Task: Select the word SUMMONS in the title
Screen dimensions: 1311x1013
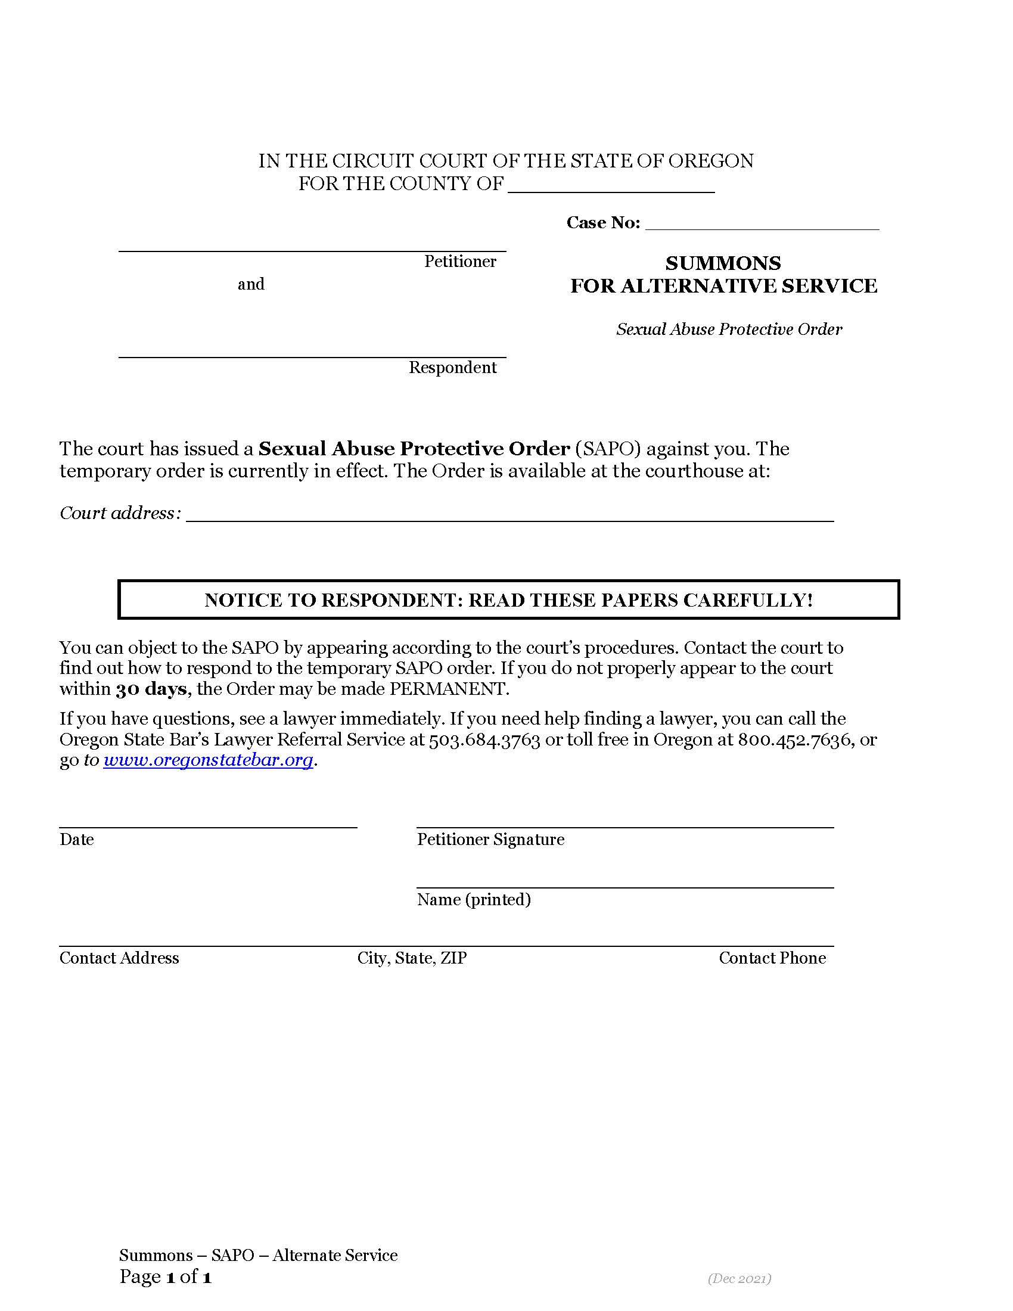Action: click(723, 263)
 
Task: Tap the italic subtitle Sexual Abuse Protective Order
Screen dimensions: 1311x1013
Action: click(729, 329)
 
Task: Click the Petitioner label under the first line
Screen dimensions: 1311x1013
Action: click(459, 262)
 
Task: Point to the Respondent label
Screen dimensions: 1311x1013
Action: click(452, 367)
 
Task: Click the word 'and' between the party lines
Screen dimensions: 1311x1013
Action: click(251, 284)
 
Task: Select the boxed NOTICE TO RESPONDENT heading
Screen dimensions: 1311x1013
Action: click(508, 599)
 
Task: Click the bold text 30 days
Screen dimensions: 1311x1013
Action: click(151, 688)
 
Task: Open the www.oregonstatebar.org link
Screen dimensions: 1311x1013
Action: click(208, 760)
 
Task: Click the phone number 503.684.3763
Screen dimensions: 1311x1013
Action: click(484, 740)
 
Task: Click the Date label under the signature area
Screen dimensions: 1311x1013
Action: click(77, 839)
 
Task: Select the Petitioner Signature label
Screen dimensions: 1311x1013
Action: click(490, 839)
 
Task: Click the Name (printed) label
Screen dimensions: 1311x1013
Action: click(474, 899)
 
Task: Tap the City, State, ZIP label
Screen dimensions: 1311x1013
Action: click(412, 958)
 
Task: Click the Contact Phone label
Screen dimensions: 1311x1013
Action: click(772, 958)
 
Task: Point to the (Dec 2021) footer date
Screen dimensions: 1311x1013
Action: click(739, 1279)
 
